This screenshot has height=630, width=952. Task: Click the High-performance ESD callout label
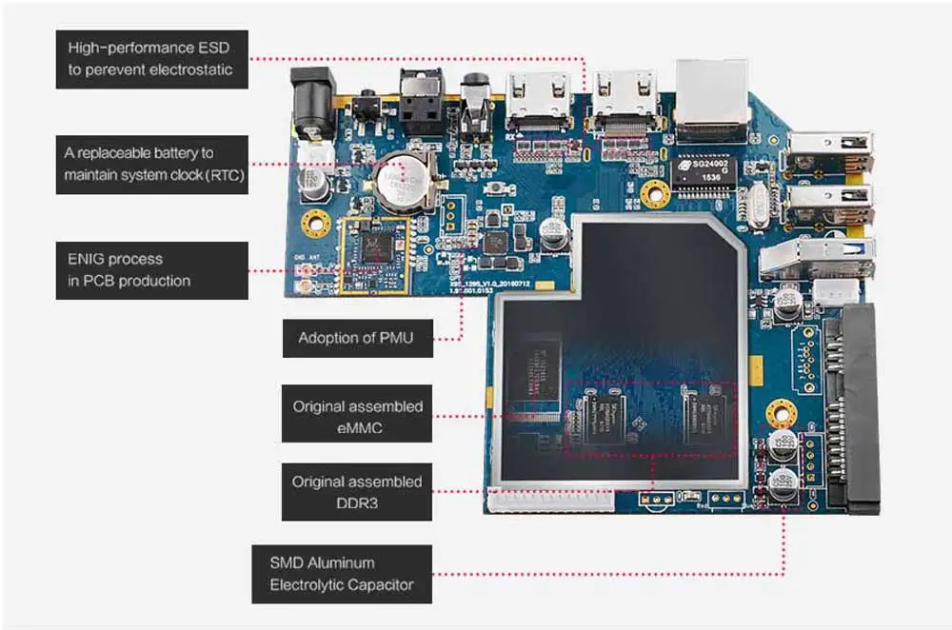point(152,59)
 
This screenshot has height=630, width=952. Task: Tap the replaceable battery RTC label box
point(152,164)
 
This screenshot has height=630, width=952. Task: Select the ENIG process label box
point(152,269)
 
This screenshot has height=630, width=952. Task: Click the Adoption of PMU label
point(358,338)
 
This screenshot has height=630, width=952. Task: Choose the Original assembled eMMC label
point(357,417)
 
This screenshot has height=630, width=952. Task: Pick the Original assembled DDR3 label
point(357,492)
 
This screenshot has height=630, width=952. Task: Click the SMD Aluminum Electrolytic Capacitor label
point(341,574)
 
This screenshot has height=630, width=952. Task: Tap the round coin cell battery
point(400,177)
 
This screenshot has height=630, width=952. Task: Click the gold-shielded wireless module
point(373,252)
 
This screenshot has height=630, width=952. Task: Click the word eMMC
point(358,428)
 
